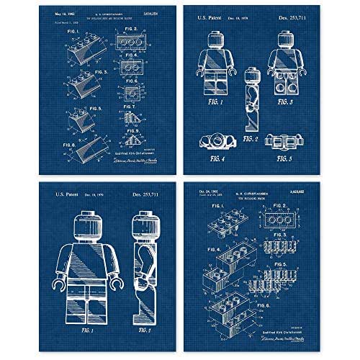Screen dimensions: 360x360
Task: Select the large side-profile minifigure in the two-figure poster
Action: pos(141,266)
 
